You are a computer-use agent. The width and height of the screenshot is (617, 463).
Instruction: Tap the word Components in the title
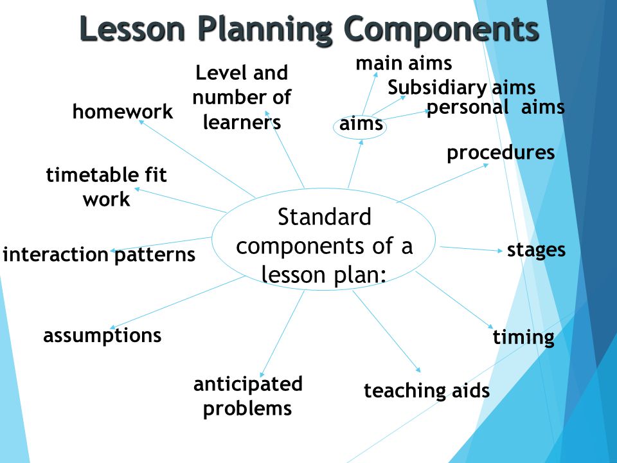click(441, 29)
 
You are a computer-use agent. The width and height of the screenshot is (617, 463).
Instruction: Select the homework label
click(123, 111)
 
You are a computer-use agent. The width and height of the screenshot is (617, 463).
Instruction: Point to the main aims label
click(404, 64)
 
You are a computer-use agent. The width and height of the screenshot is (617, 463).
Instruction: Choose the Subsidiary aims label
click(461, 87)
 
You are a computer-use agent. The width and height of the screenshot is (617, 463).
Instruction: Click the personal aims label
click(496, 107)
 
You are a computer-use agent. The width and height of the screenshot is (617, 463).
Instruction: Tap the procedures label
click(501, 153)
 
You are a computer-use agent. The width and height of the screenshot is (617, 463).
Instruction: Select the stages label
click(536, 250)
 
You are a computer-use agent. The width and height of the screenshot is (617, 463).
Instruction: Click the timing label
click(524, 338)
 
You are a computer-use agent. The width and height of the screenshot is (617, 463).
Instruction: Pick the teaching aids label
click(427, 390)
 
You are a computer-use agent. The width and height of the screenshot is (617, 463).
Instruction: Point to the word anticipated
click(248, 384)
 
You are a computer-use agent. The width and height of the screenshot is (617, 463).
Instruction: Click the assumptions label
click(102, 336)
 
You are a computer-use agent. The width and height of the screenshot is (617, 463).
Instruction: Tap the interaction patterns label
click(99, 255)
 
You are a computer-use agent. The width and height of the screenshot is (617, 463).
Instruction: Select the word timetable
click(91, 175)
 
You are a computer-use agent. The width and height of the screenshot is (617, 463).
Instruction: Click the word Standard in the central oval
click(325, 217)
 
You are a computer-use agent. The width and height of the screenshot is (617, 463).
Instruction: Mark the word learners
click(242, 122)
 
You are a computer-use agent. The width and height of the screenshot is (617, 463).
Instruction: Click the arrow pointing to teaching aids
click(386, 332)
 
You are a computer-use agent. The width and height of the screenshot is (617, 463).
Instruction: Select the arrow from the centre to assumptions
click(177, 302)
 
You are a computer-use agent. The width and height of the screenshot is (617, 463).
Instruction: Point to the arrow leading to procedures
click(442, 183)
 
